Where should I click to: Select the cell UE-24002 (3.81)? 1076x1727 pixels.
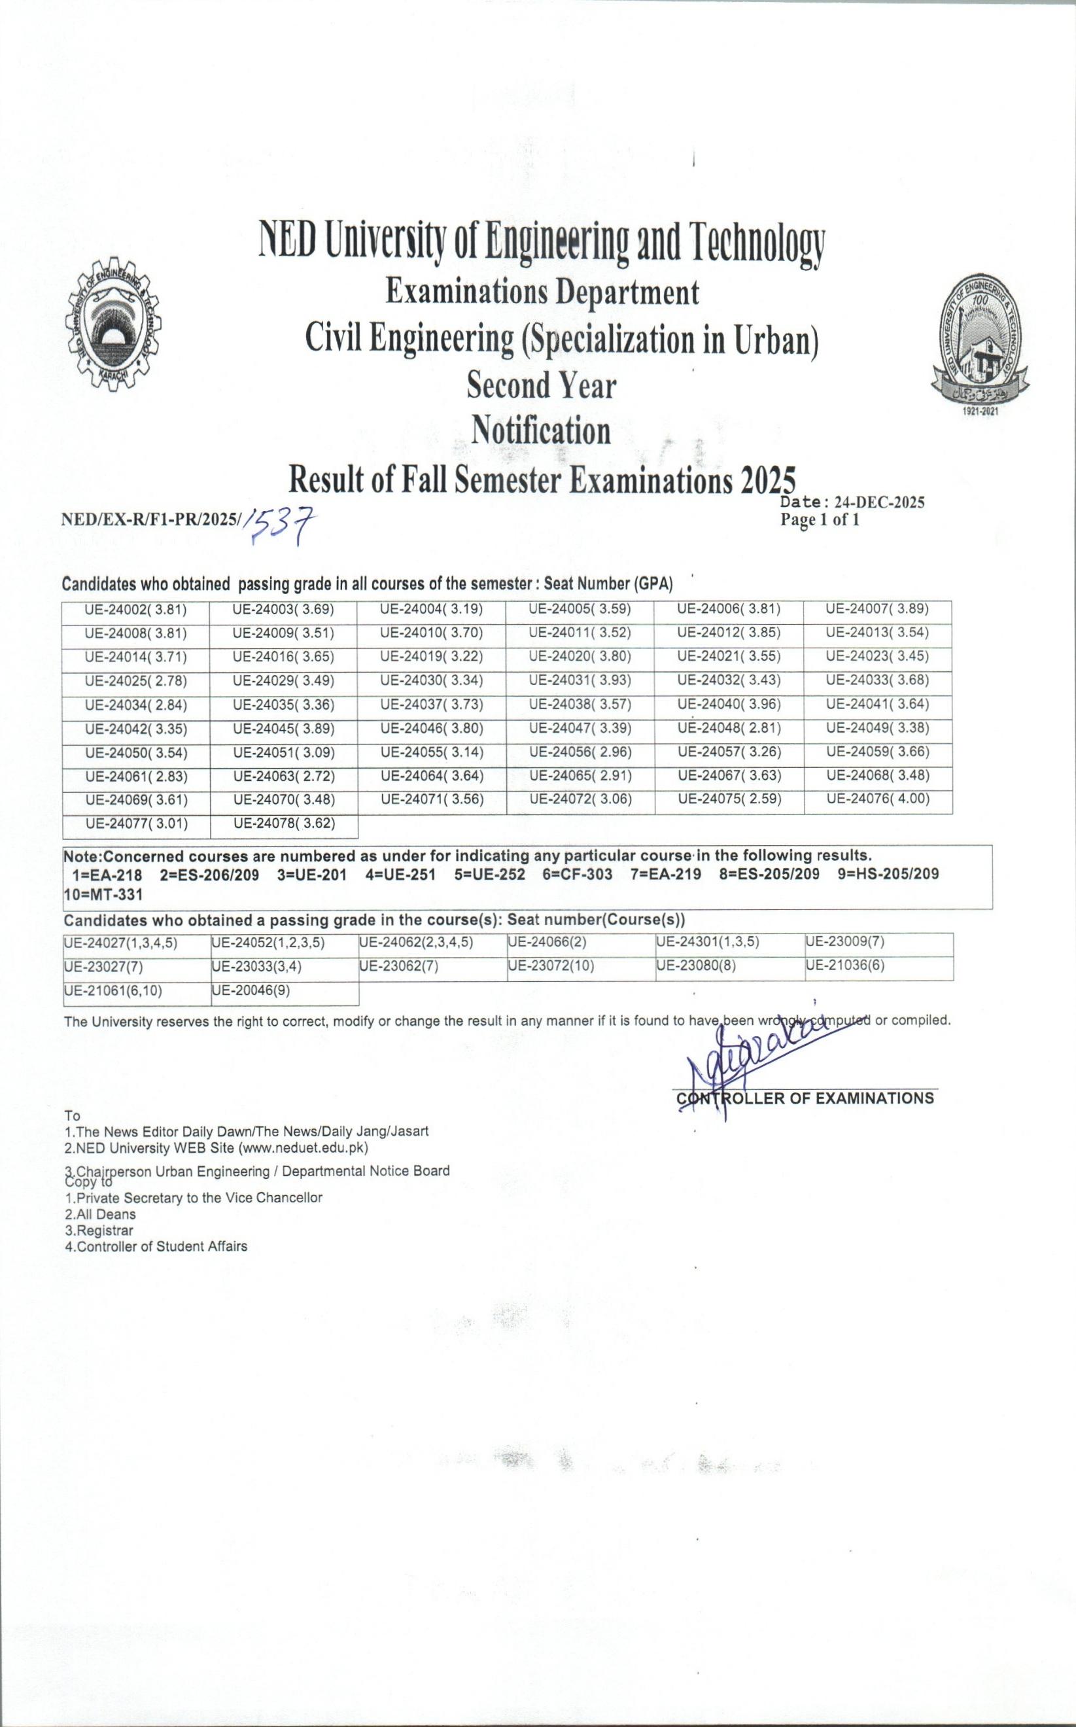(135, 610)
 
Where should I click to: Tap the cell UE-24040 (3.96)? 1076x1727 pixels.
(729, 705)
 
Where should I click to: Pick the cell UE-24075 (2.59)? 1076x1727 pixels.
(729, 799)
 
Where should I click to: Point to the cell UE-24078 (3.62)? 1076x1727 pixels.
(284, 824)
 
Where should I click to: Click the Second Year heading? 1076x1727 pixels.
(542, 386)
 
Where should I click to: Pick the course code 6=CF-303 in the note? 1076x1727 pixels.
(576, 875)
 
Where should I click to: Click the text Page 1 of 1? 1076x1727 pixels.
(819, 520)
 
